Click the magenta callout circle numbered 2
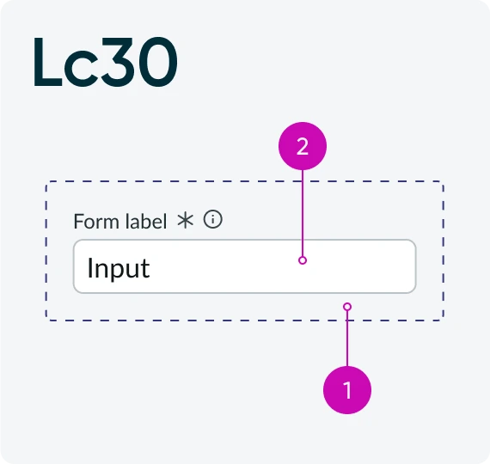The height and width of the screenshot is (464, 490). (303, 146)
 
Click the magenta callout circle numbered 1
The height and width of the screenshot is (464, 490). (347, 390)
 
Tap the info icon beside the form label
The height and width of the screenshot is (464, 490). (213, 219)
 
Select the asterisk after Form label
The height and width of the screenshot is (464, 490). (186, 221)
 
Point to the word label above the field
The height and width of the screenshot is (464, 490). (146, 221)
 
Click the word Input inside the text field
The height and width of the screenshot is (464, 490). (119, 268)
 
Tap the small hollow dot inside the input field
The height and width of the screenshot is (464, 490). (303, 260)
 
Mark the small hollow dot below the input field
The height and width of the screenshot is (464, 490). (347, 307)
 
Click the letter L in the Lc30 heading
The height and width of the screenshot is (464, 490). (48, 62)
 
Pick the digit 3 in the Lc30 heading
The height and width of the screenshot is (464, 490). (118, 62)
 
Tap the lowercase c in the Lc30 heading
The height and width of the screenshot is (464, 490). (82, 70)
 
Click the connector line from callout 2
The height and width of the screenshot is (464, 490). (303, 213)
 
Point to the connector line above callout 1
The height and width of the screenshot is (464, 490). (347, 339)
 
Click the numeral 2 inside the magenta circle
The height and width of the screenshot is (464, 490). (303, 146)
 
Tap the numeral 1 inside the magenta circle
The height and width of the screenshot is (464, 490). (347, 390)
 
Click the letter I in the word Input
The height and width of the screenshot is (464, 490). (89, 267)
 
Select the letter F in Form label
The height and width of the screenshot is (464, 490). (78, 222)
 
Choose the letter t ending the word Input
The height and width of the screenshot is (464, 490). (146, 269)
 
